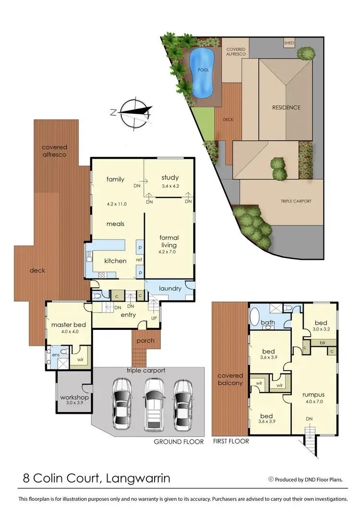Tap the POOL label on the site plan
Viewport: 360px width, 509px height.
204,70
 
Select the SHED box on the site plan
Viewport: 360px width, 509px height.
289,43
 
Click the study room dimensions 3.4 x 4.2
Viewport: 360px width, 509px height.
170,186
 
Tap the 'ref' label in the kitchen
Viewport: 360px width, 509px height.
139,260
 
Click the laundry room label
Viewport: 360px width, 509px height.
170,289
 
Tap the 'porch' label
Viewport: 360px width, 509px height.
145,341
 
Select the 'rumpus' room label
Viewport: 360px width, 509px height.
314,395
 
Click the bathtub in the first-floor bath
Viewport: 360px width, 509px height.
254,317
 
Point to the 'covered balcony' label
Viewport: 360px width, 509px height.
230,379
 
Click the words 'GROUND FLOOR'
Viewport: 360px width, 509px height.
179,442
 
